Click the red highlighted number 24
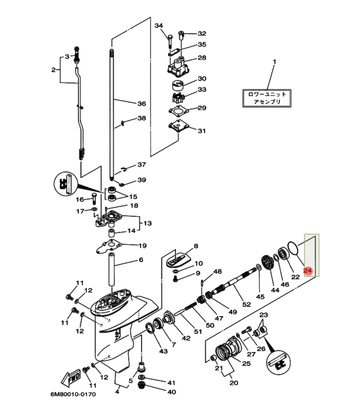(x=308, y=270)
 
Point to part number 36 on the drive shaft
(x=141, y=104)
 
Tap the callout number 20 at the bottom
(x=234, y=383)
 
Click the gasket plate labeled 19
(x=110, y=247)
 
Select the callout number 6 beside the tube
(x=140, y=259)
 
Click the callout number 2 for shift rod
(x=53, y=70)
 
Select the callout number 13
(x=147, y=223)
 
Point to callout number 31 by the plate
(x=202, y=131)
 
